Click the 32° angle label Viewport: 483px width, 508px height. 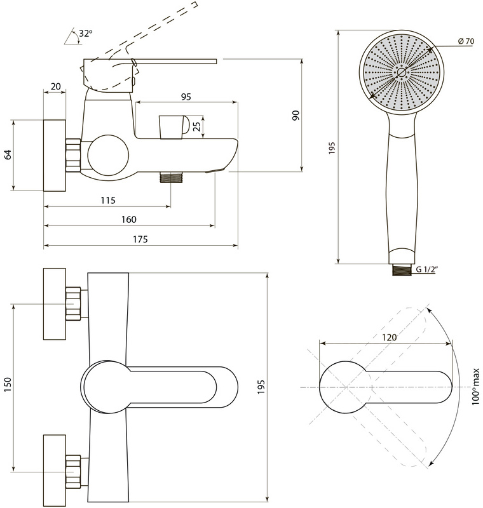(x=86, y=33)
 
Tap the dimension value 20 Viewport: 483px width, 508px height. (x=55, y=86)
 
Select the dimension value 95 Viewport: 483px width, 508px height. (x=186, y=97)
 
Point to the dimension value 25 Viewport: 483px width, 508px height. (x=197, y=126)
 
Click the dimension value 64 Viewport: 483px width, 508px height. (x=8, y=154)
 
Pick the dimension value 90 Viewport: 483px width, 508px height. (x=296, y=116)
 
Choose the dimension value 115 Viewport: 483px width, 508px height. (x=107, y=200)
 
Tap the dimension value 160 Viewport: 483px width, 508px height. (x=128, y=220)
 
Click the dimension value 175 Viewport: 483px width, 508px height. (x=140, y=239)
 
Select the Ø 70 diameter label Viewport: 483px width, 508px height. (x=466, y=41)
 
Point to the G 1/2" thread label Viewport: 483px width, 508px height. (x=427, y=269)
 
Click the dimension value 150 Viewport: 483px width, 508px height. (x=8, y=384)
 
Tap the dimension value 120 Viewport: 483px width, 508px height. (x=389, y=338)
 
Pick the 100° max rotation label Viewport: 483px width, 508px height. (x=475, y=387)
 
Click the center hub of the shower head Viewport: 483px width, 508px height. (x=401, y=72)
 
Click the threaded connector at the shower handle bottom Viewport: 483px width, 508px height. (x=402, y=270)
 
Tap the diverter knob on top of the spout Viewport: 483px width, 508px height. (x=174, y=127)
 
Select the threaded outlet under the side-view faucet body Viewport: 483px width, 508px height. (x=172, y=178)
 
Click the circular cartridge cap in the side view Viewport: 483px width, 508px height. (x=108, y=156)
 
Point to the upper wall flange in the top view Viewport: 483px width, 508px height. (x=55, y=304)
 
